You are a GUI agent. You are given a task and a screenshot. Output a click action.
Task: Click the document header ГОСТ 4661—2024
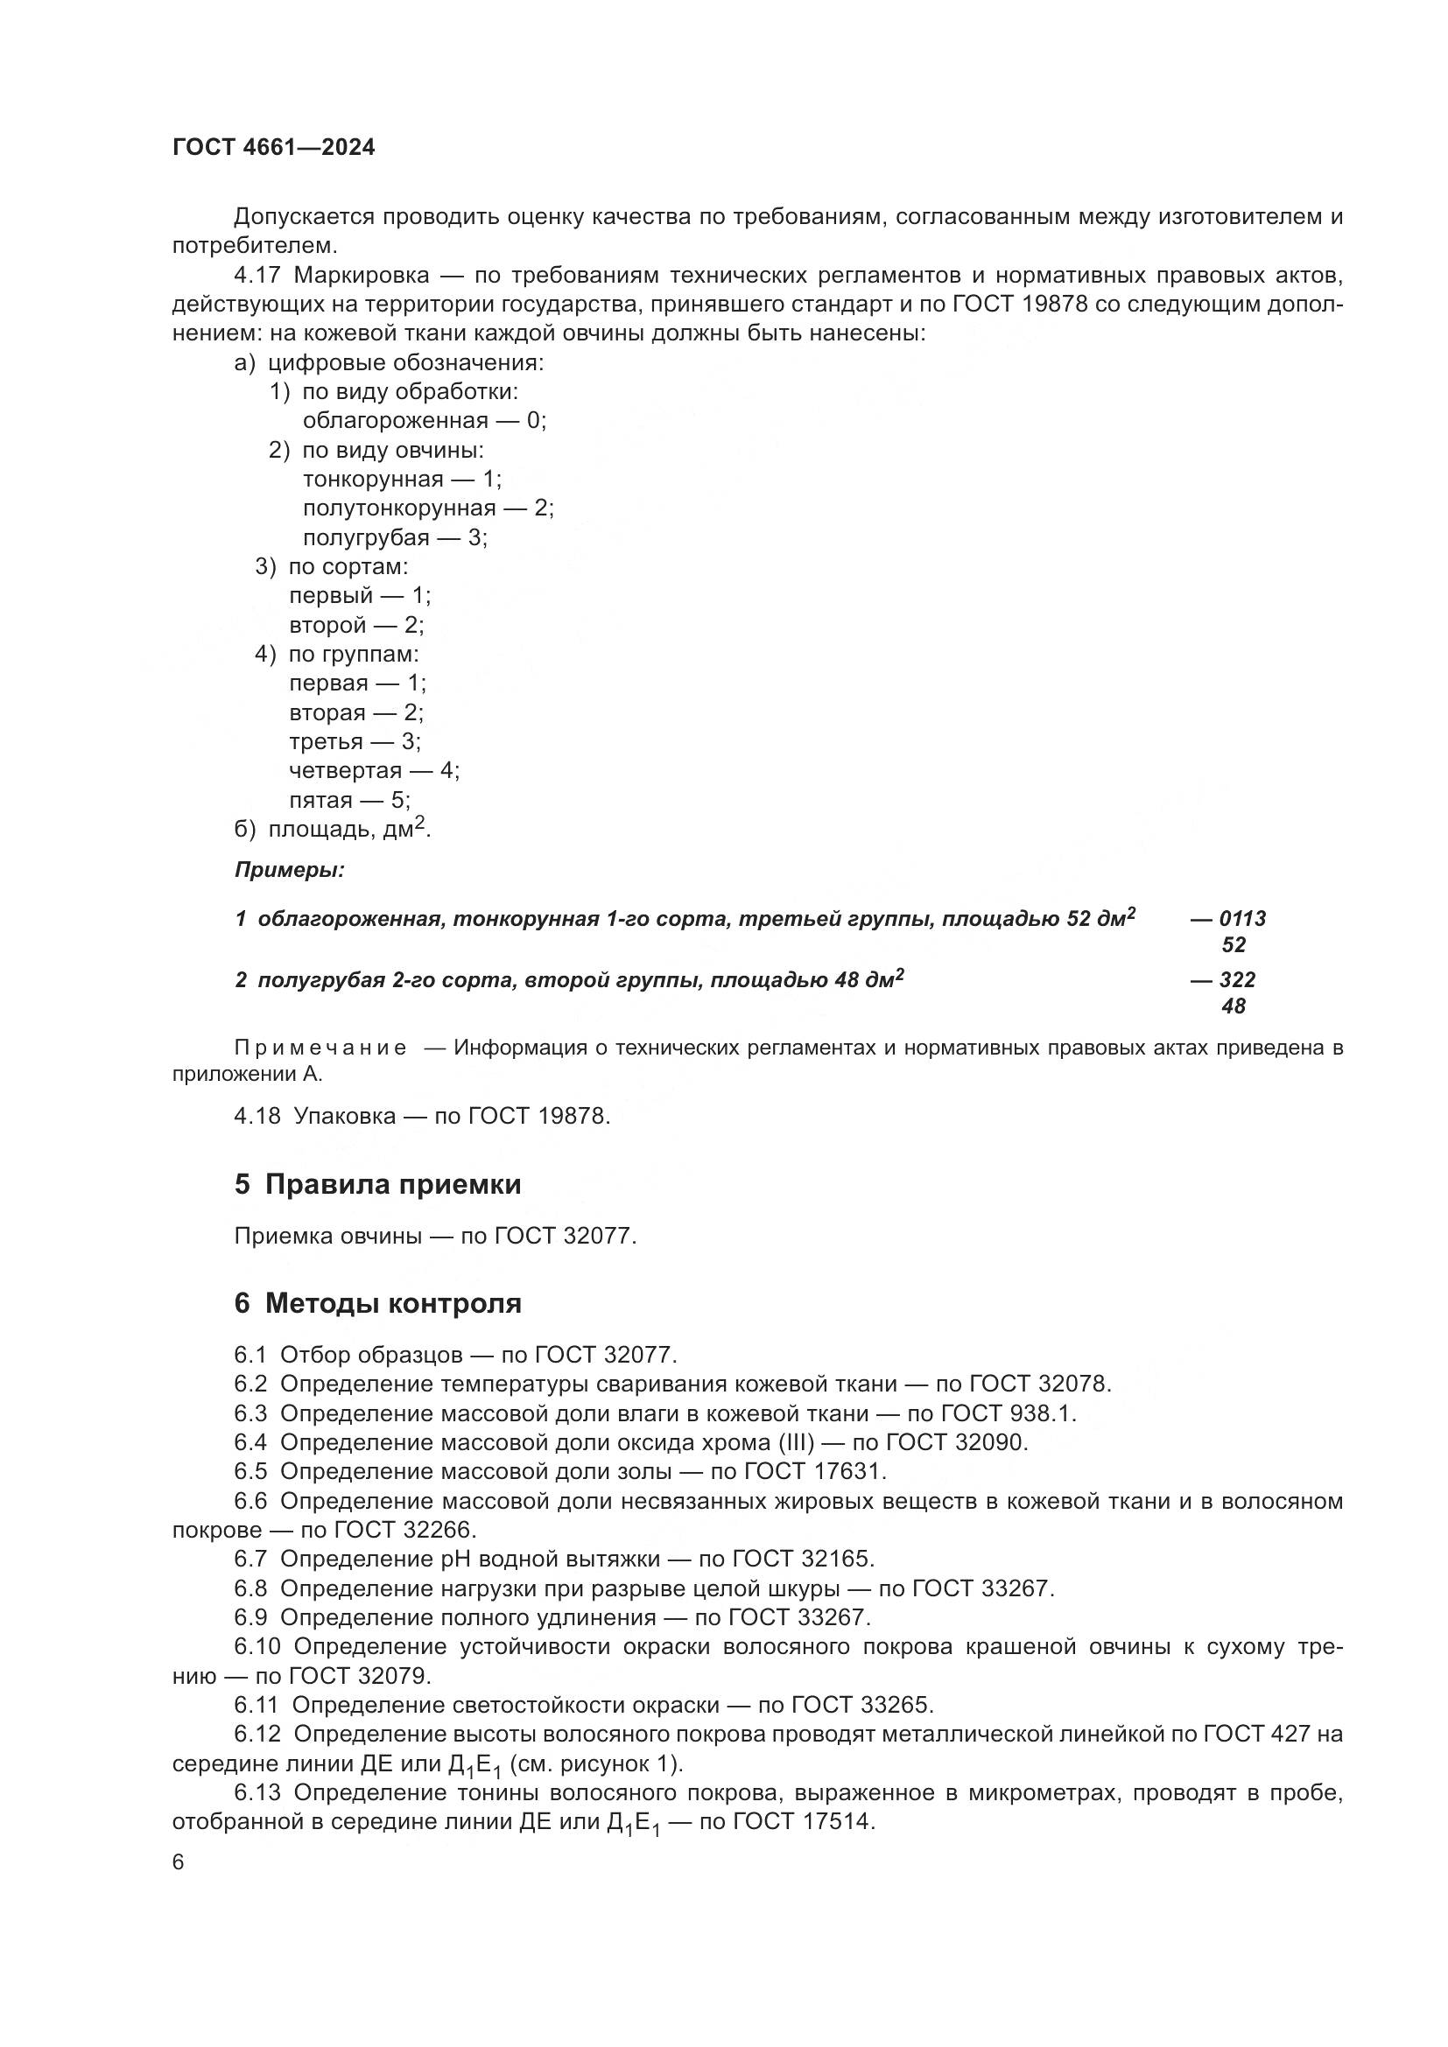(274, 147)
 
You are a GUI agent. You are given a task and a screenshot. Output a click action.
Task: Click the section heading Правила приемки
(392, 1185)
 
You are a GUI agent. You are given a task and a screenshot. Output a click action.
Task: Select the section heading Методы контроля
(392, 1303)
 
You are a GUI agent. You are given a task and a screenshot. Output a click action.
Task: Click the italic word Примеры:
(290, 870)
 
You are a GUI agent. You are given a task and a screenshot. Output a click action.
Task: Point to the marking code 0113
(1242, 918)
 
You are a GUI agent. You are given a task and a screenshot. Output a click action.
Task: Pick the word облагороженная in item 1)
(395, 421)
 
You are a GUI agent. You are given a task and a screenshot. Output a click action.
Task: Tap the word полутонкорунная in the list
(398, 508)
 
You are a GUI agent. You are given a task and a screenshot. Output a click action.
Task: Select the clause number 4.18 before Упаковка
(257, 1115)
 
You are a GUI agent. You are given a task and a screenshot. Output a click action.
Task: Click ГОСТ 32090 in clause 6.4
(958, 1442)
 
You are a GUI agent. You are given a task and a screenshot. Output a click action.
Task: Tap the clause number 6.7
(250, 1559)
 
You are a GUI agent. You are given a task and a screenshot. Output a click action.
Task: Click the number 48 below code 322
(1234, 1006)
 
